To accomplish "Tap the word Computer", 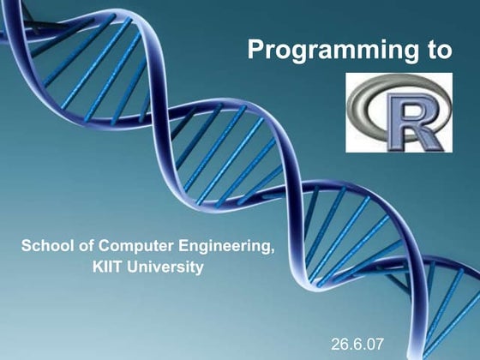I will [131, 247].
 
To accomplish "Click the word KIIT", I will [109, 267].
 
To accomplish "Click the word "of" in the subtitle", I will [85, 247].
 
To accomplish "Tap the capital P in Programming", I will [255, 51].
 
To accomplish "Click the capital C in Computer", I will [103, 247].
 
